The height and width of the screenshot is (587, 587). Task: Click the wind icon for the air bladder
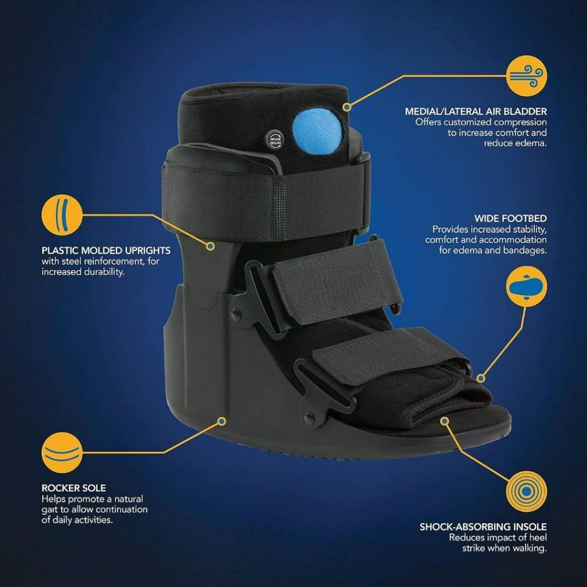[527, 76]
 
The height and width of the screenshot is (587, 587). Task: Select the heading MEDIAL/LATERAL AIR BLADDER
[476, 112]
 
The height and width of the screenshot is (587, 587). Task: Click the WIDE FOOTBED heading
[510, 218]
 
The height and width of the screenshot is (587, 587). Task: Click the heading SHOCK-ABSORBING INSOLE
[483, 526]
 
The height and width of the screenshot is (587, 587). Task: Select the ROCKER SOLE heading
[74, 488]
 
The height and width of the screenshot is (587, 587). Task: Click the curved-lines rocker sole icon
[61, 452]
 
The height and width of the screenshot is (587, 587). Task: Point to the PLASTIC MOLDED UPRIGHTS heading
[106, 251]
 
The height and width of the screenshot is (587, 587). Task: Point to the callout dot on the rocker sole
[221, 421]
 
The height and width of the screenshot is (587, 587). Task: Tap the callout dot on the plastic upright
[210, 246]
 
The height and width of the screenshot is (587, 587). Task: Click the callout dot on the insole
[444, 421]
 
